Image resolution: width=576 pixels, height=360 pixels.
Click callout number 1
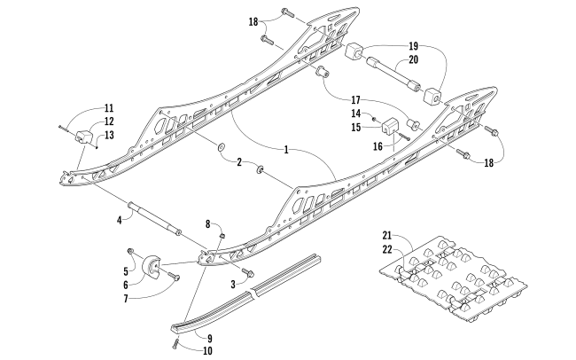pos(286,150)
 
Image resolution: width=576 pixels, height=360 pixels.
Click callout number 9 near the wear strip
pos(210,338)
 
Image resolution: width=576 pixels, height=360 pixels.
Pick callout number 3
pos(233,285)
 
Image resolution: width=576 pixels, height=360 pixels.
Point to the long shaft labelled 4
pos(154,222)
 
